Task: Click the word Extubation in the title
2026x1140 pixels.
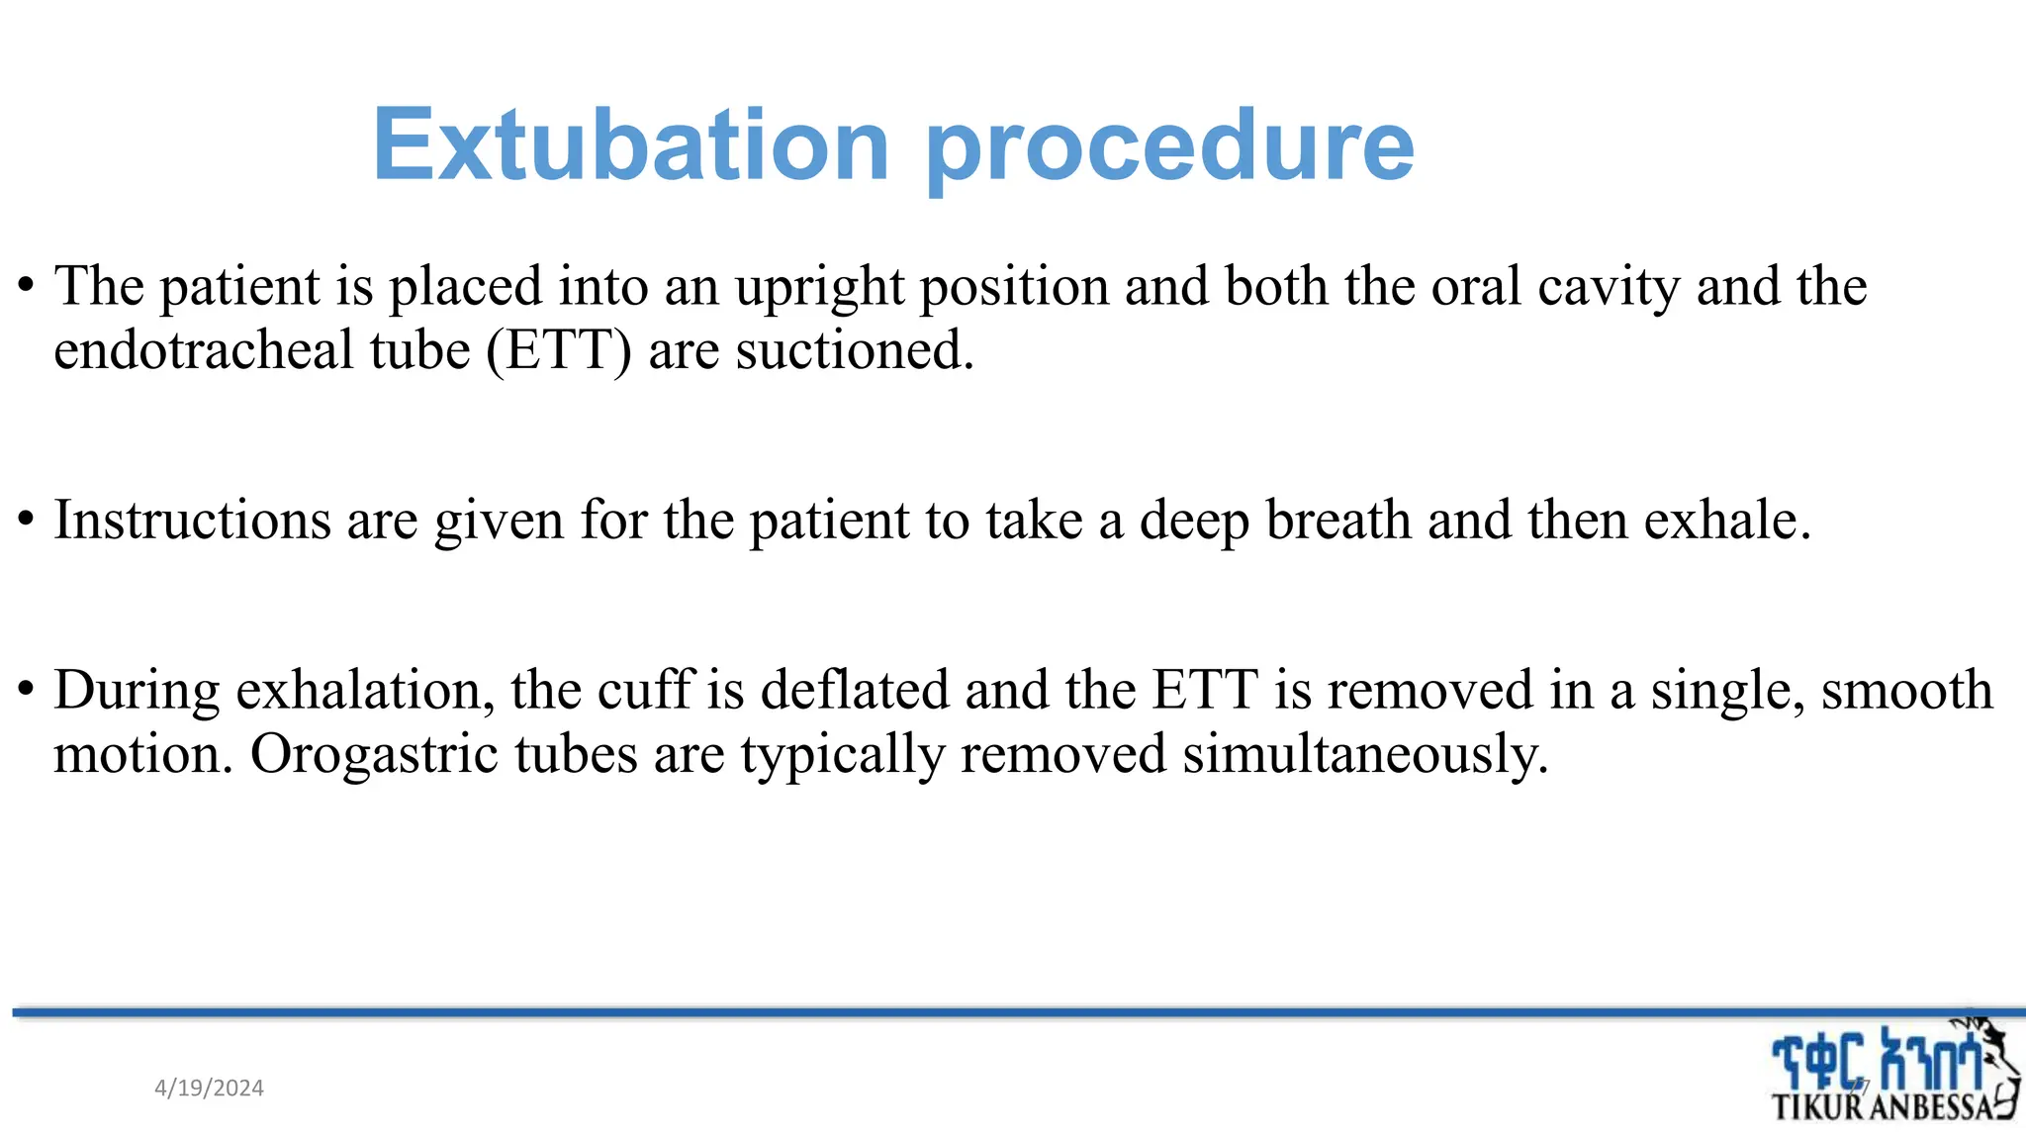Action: click(x=631, y=145)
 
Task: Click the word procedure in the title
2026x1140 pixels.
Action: click(x=1169, y=148)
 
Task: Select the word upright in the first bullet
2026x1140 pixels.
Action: click(x=819, y=288)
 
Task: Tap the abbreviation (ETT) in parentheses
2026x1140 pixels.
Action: click(x=558, y=350)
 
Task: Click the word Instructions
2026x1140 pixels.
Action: click(x=192, y=521)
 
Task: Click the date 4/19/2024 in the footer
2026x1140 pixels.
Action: click(x=209, y=1089)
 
